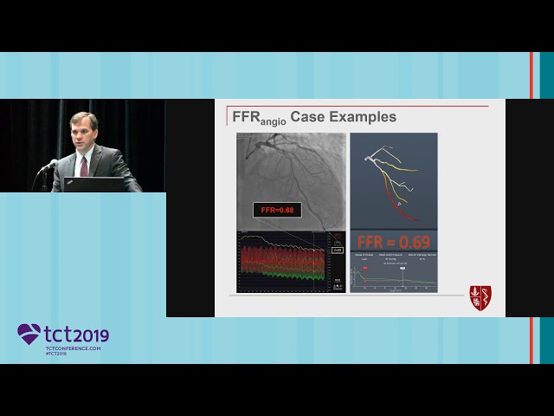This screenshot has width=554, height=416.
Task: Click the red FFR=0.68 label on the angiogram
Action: click(277, 210)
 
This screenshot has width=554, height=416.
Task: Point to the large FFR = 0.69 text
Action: click(394, 242)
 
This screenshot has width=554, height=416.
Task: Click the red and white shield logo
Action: click(480, 297)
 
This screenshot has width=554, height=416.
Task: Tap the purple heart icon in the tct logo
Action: click(29, 334)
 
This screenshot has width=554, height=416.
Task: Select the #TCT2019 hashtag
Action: click(56, 354)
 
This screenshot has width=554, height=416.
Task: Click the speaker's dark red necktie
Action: click(84, 164)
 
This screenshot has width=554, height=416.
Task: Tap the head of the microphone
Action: click(51, 163)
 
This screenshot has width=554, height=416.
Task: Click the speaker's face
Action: click(83, 133)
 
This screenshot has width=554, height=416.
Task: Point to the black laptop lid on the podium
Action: click(91, 184)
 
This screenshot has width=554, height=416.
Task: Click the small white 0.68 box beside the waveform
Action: click(337, 250)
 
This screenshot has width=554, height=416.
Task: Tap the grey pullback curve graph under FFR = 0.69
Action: click(394, 279)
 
